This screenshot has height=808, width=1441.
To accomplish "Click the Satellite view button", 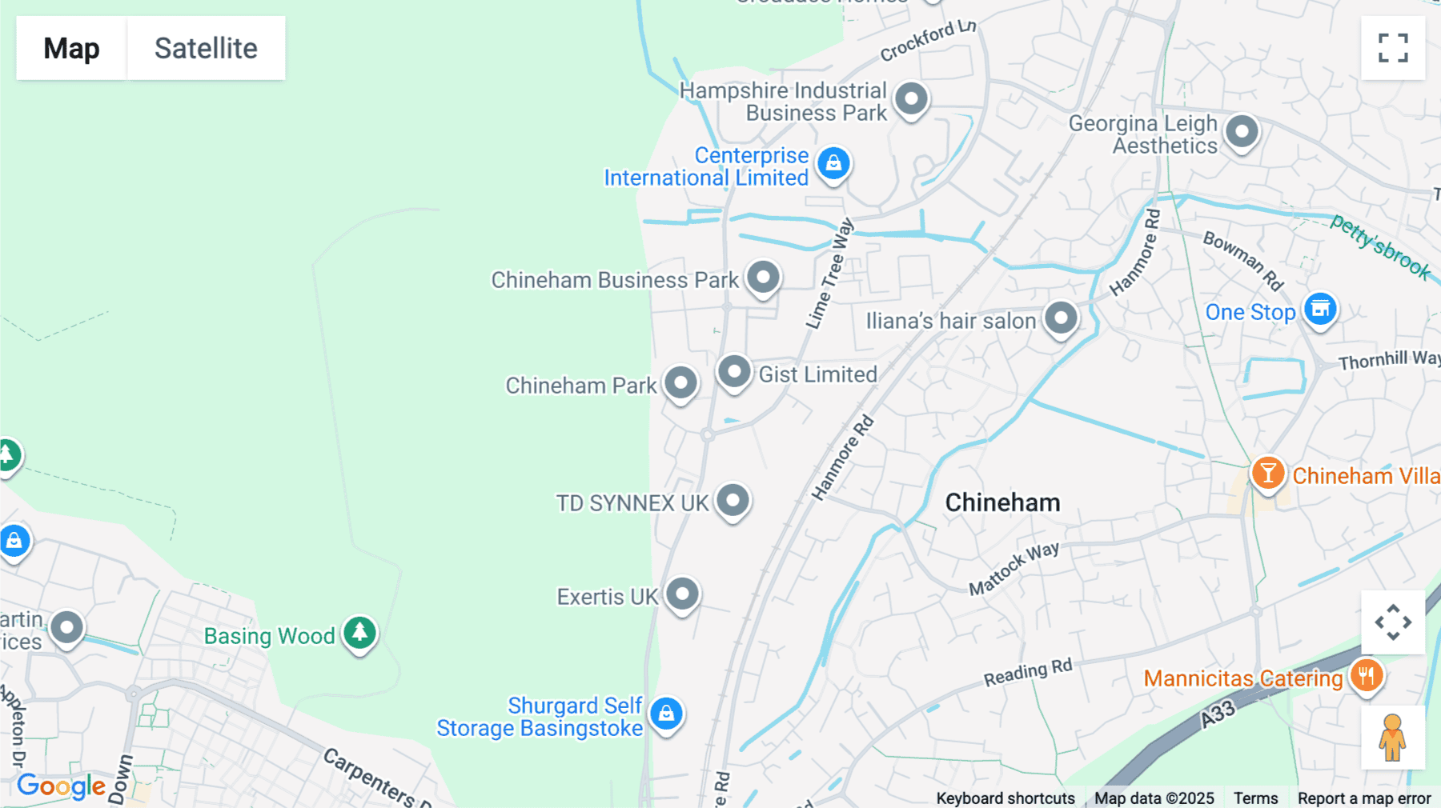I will click(x=206, y=48).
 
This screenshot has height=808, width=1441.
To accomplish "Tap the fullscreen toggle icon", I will click(x=1393, y=48).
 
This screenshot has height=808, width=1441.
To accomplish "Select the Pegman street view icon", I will click(x=1392, y=737).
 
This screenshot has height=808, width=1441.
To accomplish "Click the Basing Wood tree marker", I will click(x=359, y=633).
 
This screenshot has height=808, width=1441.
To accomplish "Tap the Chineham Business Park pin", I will click(x=763, y=278).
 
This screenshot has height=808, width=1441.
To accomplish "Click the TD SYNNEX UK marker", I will click(x=733, y=501).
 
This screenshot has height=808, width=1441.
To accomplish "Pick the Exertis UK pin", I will click(x=683, y=594).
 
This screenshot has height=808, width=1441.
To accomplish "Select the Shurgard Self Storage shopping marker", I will click(x=666, y=713).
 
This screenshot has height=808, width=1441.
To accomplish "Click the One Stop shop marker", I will click(x=1320, y=308).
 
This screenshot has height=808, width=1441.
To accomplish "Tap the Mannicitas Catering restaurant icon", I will click(x=1366, y=675).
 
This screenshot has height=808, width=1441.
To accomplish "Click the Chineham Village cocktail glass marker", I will click(x=1268, y=473).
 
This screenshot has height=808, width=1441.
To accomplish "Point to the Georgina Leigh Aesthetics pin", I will click(x=1242, y=131).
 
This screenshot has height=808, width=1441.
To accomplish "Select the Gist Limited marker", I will click(x=734, y=372).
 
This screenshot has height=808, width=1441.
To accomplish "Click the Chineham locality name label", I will click(x=1002, y=502).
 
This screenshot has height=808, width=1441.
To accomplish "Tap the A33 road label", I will click(x=1217, y=714).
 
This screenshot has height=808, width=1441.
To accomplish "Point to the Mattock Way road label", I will click(x=1014, y=567).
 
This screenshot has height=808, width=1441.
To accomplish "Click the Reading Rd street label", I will click(x=1027, y=673).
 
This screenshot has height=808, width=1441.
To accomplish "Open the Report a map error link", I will click(x=1363, y=798).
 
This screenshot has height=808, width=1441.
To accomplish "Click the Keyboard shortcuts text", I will click(x=1005, y=798).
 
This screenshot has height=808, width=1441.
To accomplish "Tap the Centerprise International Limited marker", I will click(x=833, y=162).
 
